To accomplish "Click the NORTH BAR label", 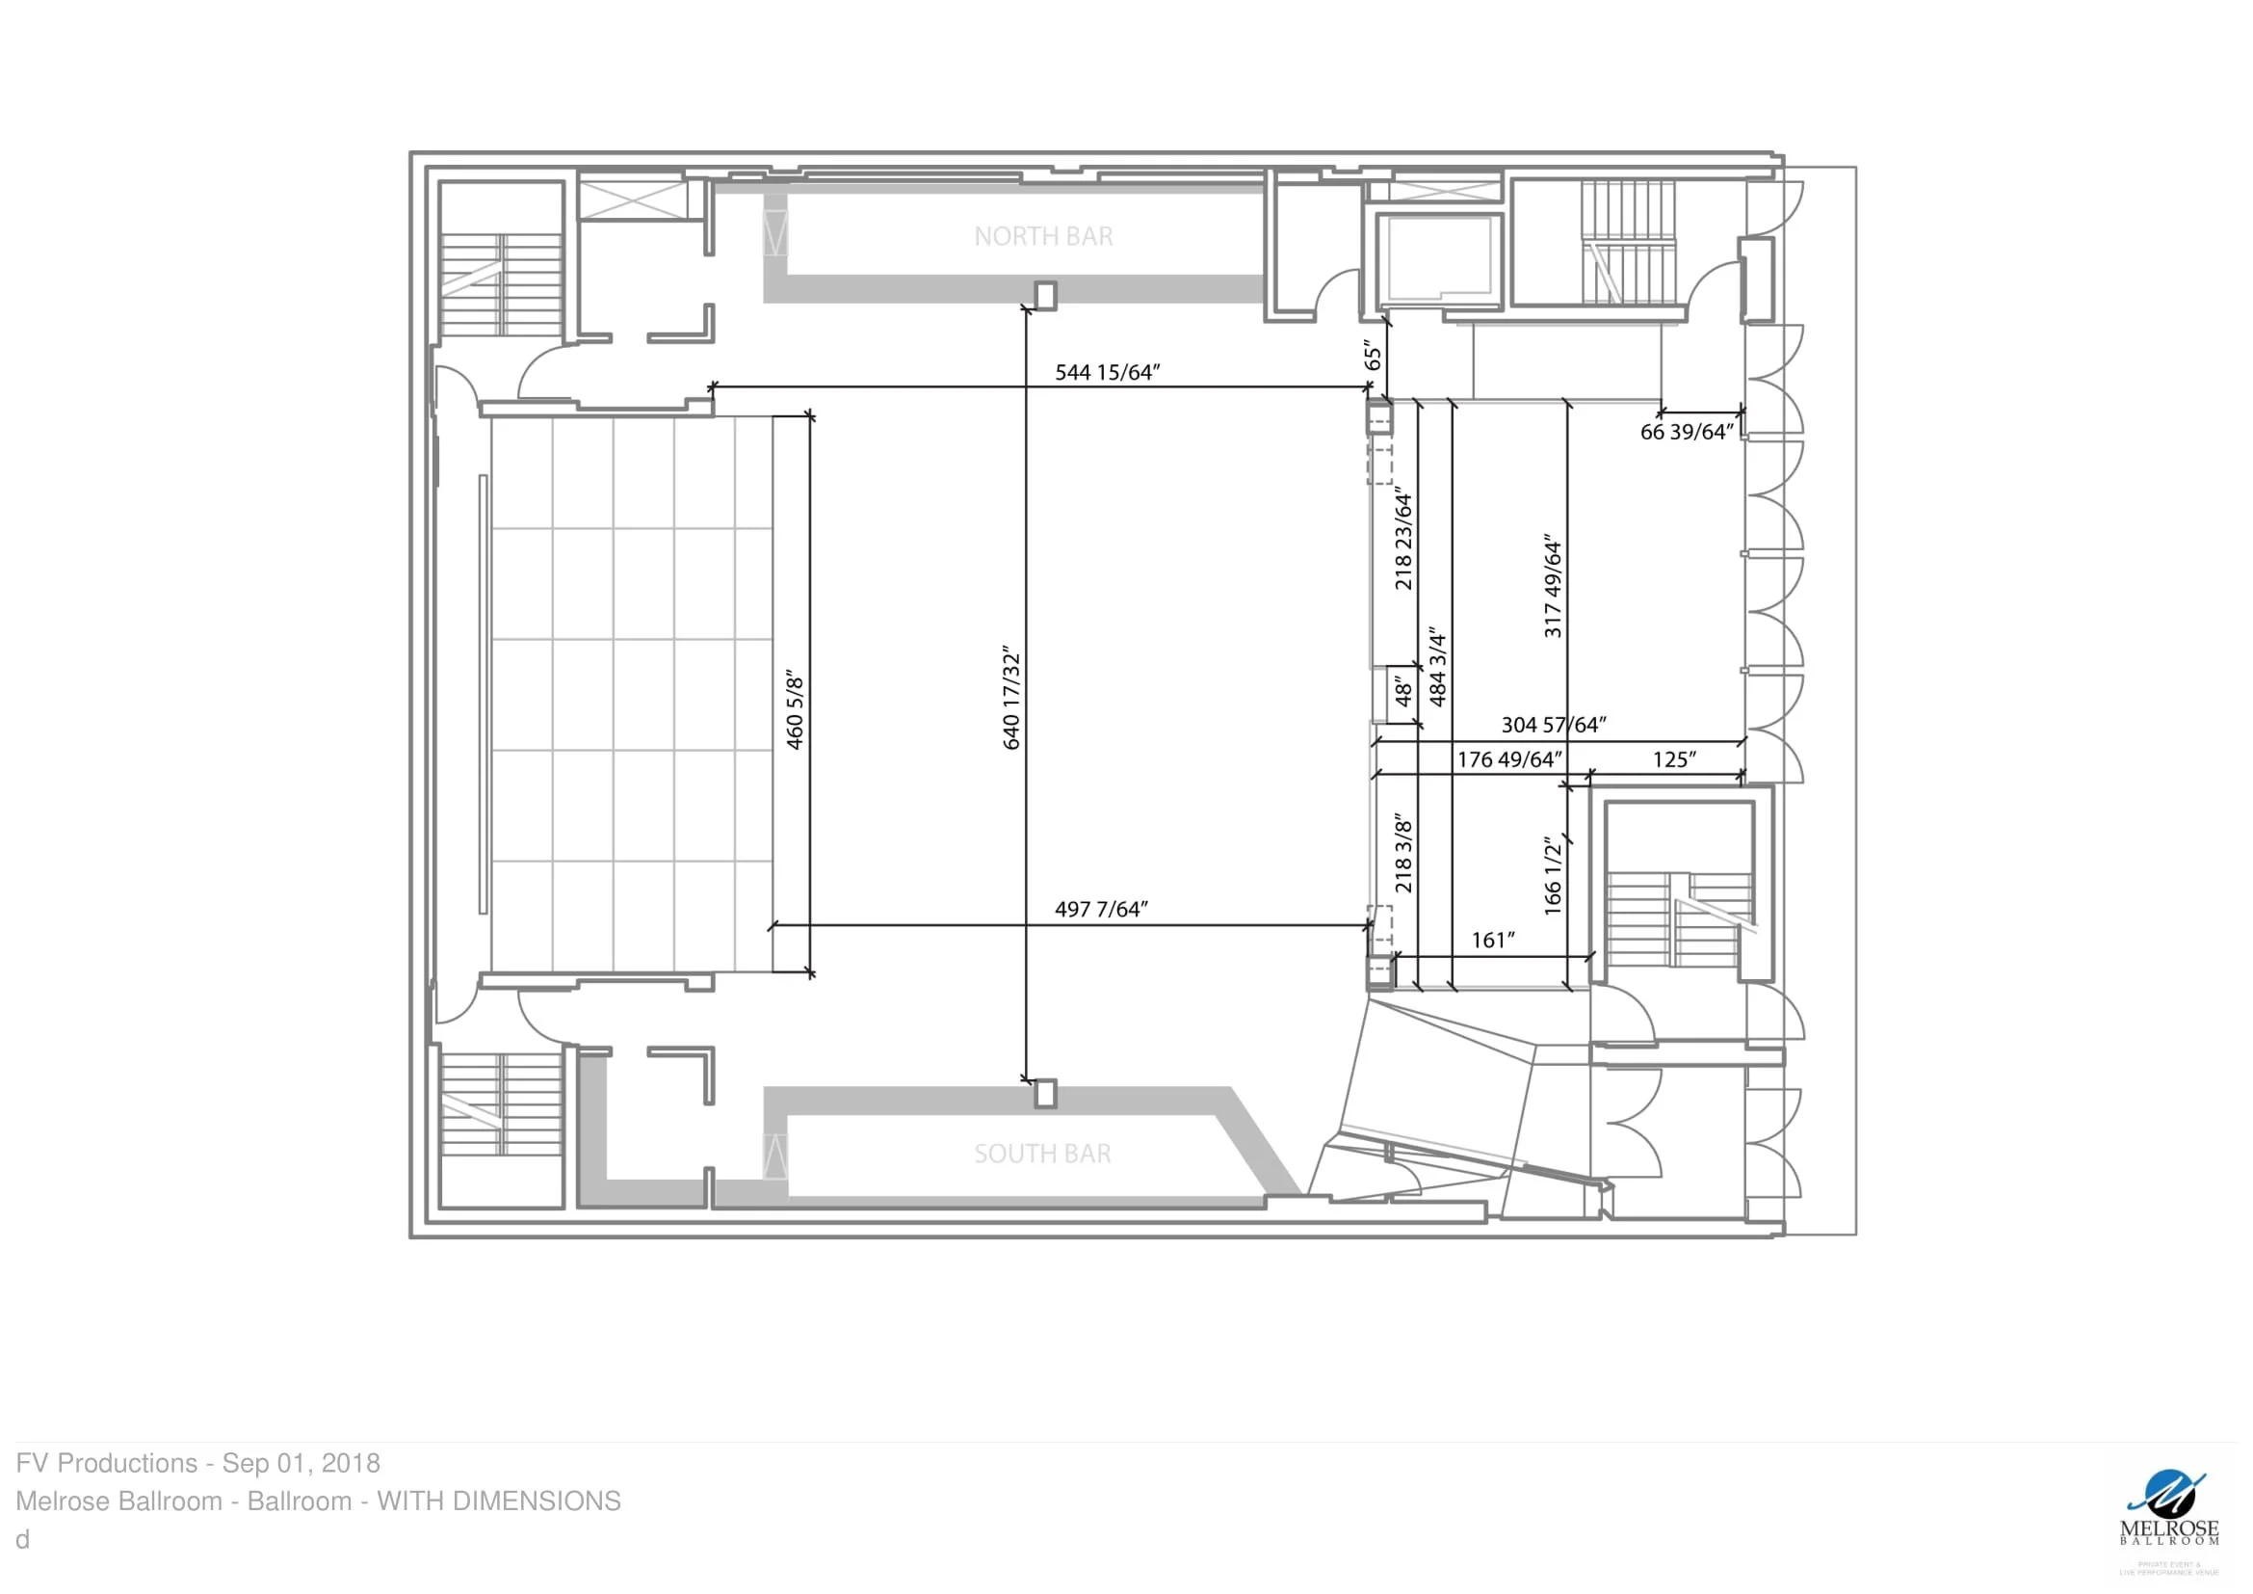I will [x=1043, y=236].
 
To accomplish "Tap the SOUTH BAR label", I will [x=1042, y=1154].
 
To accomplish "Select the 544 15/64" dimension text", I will [x=1107, y=372].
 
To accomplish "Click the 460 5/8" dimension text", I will [x=795, y=711].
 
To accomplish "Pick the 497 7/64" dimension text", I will [x=1100, y=909].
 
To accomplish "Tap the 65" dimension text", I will [x=1373, y=356].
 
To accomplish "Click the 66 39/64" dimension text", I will [x=1686, y=432].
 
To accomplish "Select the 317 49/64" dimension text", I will [x=1553, y=586].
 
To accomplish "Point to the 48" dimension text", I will [x=1403, y=691].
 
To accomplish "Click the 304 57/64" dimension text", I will [x=1554, y=725].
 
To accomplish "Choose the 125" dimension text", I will [x=1674, y=759].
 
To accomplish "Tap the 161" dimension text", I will [x=1492, y=941].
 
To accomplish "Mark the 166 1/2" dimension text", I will [x=1553, y=875].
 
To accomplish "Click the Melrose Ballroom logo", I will [x=2168, y=1518].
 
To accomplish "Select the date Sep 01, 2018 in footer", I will [x=301, y=1464].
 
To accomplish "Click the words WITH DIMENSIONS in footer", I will [x=499, y=1501].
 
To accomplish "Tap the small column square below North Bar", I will [x=1046, y=296].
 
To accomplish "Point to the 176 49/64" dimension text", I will [x=1508, y=759].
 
